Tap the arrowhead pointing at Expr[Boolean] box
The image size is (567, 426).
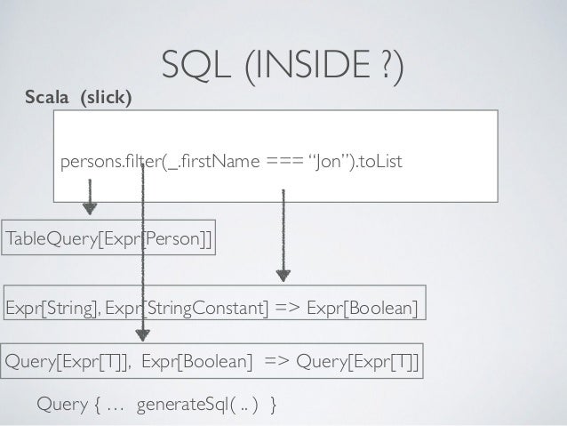click(282, 272)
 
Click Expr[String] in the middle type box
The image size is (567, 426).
click(44, 308)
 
